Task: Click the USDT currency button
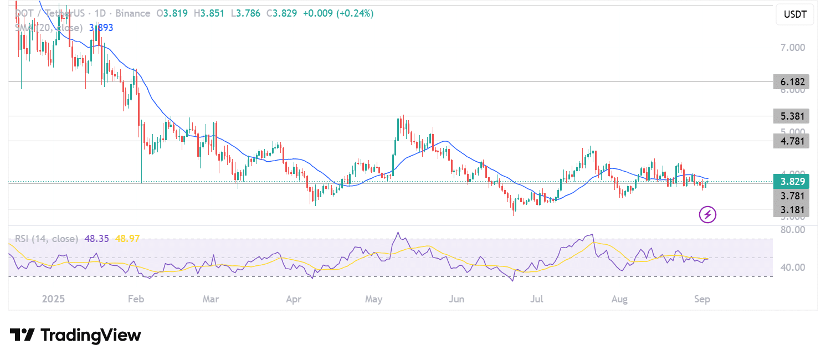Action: click(x=794, y=14)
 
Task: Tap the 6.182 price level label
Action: click(x=791, y=82)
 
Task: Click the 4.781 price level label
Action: click(x=791, y=141)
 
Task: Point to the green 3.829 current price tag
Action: click(x=791, y=182)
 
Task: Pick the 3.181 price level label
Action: click(x=791, y=209)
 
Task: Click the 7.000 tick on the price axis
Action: click(x=793, y=48)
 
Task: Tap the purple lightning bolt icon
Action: click(x=707, y=214)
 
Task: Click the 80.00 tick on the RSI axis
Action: click(x=793, y=230)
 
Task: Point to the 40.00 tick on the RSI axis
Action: click(x=793, y=268)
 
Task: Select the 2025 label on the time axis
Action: click(x=53, y=299)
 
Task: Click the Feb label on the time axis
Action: click(x=136, y=299)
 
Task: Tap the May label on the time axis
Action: click(x=374, y=299)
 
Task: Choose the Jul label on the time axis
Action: click(x=537, y=299)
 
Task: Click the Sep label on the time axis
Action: click(x=702, y=299)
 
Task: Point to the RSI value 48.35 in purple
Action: click(x=97, y=239)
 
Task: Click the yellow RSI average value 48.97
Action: click(x=127, y=239)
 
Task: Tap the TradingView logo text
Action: click(x=91, y=335)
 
